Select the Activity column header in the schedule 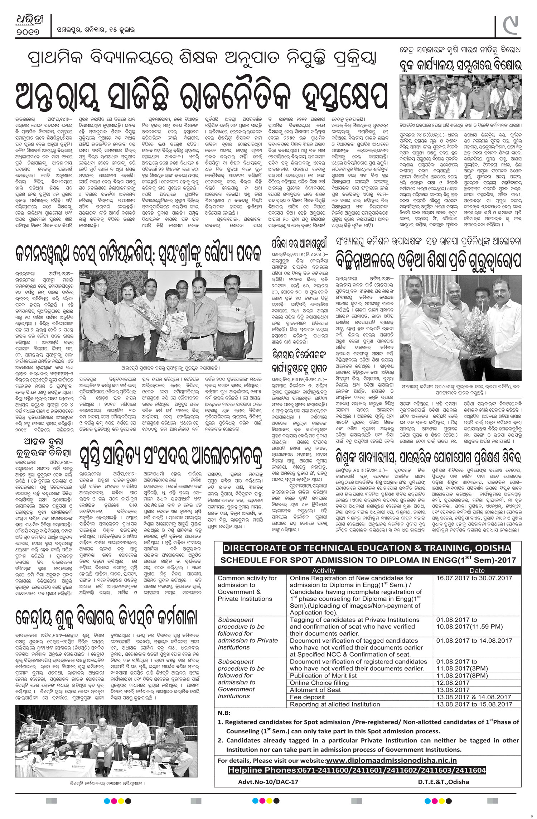click(323, 571)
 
